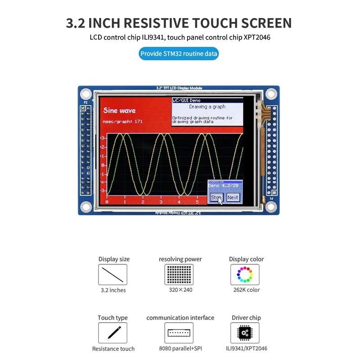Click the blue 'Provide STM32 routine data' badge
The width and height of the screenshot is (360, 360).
coord(179,54)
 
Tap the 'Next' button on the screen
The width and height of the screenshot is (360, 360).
coord(233,198)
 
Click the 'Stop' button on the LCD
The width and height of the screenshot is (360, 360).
coord(216,198)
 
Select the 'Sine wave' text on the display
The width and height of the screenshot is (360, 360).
coord(119,111)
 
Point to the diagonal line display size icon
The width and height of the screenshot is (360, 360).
coord(112,274)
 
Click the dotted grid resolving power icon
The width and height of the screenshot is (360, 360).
coord(179,274)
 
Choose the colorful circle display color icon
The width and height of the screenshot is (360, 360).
coord(245,274)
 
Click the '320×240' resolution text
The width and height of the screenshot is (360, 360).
coord(180,290)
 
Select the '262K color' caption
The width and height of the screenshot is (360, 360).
coord(246,290)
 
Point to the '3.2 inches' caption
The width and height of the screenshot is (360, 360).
coord(113,290)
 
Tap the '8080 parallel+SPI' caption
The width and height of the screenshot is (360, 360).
coord(180,349)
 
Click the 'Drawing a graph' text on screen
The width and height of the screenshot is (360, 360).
coord(207,107)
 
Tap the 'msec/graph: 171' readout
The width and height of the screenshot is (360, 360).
coord(123,122)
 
